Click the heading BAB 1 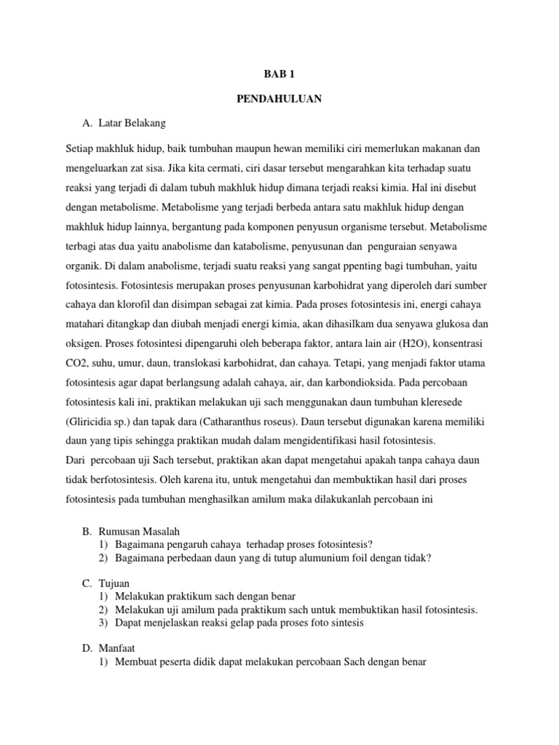pos(279,73)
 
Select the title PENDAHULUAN pos(279,97)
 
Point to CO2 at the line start pos(76,362)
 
